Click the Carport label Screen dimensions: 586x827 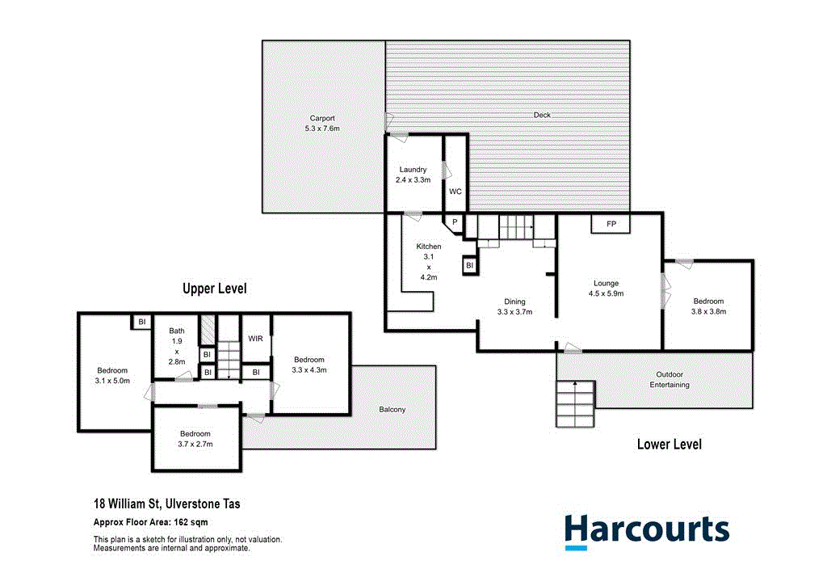coord(321,123)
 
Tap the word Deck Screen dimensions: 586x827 coord(542,115)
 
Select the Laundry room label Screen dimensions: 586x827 coord(413,175)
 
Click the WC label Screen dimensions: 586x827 coord(455,192)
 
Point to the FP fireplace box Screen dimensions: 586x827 coord(611,224)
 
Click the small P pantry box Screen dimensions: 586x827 coord(455,222)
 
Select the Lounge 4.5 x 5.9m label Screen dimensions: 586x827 coord(607,289)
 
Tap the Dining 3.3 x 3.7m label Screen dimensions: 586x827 coord(515,306)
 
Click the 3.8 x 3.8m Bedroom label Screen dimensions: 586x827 coord(708,306)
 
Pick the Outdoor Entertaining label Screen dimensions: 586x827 coord(670,379)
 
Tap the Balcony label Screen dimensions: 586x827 coord(393,410)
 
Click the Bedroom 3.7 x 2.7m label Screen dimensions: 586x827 coord(196,439)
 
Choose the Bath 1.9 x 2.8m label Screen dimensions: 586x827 coord(177,346)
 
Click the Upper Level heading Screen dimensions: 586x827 coord(214,289)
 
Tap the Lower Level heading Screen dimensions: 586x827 coord(669,444)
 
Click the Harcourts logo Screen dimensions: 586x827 coord(646,530)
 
